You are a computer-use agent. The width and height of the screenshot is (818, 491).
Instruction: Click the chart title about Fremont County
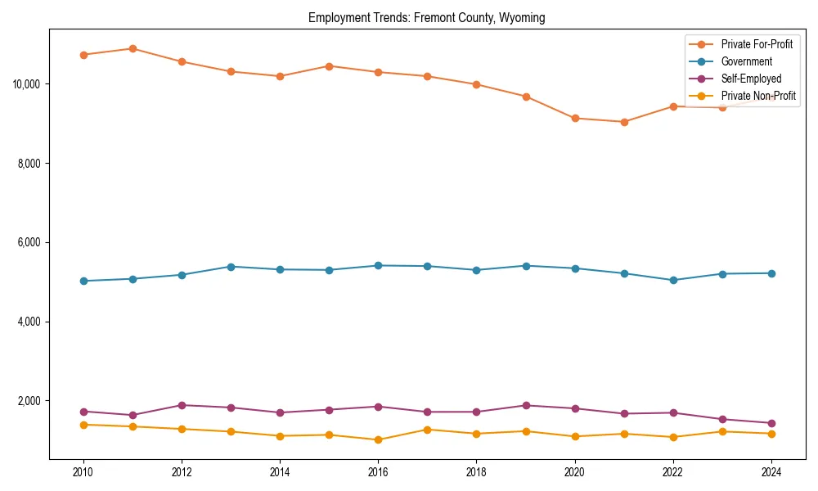click(x=426, y=17)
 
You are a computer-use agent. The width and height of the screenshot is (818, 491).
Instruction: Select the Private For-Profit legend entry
click(x=757, y=44)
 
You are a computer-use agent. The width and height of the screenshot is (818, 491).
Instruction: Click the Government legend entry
click(x=746, y=61)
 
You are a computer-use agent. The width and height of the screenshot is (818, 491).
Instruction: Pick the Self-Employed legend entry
click(x=751, y=79)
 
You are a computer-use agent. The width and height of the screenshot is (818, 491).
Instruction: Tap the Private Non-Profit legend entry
click(x=758, y=96)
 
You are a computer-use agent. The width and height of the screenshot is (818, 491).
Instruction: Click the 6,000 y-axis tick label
click(x=29, y=243)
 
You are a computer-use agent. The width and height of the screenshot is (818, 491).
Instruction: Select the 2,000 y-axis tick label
click(x=29, y=401)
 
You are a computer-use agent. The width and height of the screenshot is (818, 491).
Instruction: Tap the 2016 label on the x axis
click(x=378, y=471)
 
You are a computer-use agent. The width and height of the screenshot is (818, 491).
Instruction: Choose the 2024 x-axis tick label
click(x=771, y=471)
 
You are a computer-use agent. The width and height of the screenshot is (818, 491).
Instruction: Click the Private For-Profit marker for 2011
click(x=133, y=48)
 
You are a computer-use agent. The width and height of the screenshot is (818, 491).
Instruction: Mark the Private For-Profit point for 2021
click(x=624, y=122)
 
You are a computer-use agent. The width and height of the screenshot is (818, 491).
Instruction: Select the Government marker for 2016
click(x=378, y=265)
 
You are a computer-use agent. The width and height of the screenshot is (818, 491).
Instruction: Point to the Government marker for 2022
click(x=673, y=280)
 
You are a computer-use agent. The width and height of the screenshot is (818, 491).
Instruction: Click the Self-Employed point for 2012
click(x=182, y=405)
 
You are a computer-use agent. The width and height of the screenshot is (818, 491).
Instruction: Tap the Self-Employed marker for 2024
click(x=771, y=423)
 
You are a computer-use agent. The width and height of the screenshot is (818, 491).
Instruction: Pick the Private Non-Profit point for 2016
click(x=378, y=439)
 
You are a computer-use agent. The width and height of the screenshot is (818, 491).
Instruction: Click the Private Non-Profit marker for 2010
click(x=83, y=425)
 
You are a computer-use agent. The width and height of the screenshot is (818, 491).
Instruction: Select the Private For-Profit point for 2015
click(x=329, y=65)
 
